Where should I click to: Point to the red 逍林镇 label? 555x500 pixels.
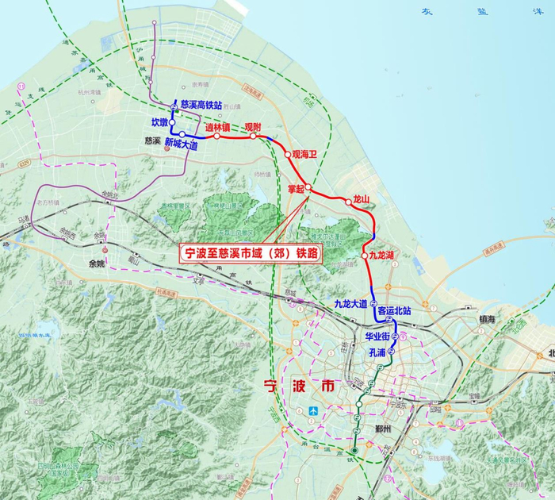216,127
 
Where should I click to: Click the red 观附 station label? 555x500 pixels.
252,127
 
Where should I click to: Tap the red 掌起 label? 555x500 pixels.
297,188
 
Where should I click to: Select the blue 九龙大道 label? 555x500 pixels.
350,304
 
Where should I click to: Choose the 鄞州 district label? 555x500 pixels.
384,429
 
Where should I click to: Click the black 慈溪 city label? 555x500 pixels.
153,141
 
